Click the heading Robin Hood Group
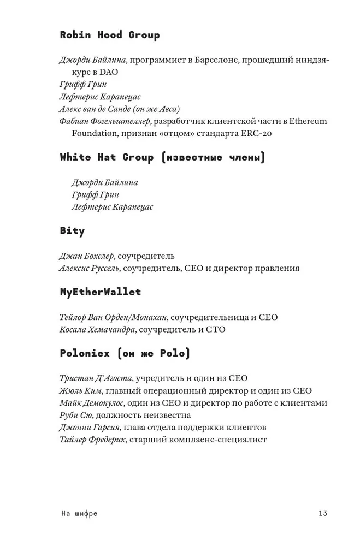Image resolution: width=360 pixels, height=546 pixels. coord(109,35)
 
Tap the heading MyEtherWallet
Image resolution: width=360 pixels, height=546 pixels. coord(100,292)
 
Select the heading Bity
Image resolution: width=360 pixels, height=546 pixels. coord(72,231)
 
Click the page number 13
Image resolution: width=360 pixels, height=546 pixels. coord(322,513)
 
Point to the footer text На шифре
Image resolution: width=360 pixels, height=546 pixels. coord(79,513)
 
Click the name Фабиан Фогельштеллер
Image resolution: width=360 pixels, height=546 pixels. coord(104,121)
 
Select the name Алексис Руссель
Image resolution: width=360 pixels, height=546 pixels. coord(88,268)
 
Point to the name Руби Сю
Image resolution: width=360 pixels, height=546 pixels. coord(75,415)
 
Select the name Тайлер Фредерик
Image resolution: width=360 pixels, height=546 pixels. coord(91,440)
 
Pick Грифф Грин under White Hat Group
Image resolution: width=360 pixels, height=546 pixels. coord(95,194)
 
